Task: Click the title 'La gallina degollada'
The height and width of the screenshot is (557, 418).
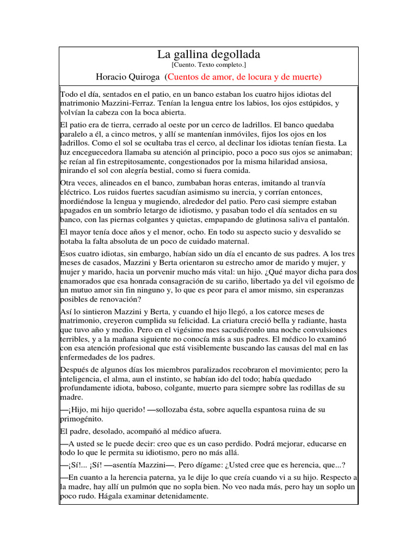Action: (x=208, y=54)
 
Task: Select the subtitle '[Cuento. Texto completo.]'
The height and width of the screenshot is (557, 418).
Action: (x=208, y=65)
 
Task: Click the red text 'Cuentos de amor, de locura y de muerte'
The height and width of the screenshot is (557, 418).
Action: (x=244, y=76)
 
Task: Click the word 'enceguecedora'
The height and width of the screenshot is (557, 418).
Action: (x=100, y=152)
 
